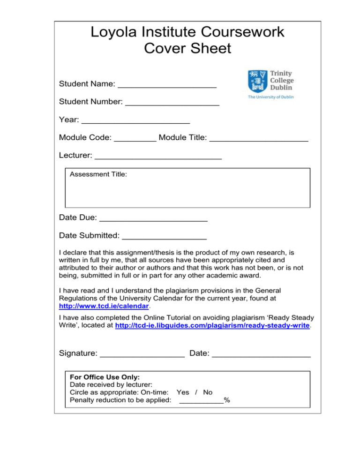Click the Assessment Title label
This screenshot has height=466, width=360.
pos(98,174)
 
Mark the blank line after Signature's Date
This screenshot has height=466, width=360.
pos(261,356)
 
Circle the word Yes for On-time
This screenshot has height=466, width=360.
pos(183,392)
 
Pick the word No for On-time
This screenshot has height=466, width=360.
pos(208,392)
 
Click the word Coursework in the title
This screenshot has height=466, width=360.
pos(233,32)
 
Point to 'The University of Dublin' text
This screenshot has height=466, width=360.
pos(270,97)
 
